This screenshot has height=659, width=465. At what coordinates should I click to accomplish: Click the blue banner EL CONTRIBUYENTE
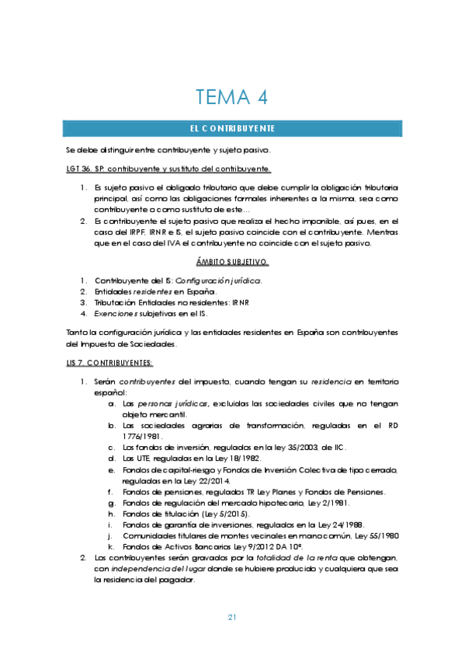click(233, 127)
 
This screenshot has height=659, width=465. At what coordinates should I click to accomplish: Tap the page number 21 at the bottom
click(232, 617)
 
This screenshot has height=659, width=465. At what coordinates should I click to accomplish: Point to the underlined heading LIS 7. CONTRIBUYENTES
click(109, 363)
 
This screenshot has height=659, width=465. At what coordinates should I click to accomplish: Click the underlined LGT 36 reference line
click(168, 169)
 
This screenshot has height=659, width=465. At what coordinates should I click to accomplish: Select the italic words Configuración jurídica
click(219, 280)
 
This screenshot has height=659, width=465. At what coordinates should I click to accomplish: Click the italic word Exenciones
click(120, 313)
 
